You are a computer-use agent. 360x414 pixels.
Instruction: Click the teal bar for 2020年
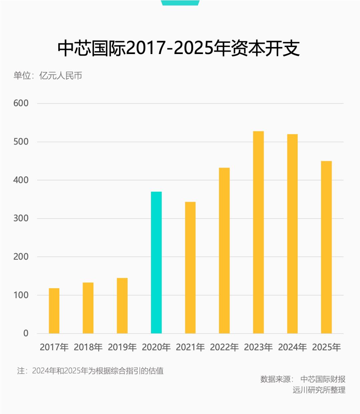tap(156, 263)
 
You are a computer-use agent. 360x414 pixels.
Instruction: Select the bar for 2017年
tap(54, 311)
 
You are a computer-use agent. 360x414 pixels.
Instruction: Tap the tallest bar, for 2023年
tap(258, 232)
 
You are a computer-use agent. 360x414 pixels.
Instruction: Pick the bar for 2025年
tap(326, 247)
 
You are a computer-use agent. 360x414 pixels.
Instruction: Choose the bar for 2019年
tap(122, 306)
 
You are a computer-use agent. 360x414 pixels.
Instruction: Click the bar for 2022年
tap(224, 251)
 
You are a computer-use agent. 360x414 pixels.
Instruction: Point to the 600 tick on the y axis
tap(21, 103)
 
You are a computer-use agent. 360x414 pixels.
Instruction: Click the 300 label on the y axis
tap(21, 218)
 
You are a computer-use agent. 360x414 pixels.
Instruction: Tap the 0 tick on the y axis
tap(26, 333)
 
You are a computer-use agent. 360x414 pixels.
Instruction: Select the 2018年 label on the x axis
tap(88, 347)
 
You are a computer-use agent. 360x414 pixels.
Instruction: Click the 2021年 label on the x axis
tap(190, 347)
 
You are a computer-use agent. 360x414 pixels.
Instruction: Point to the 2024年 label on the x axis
tap(292, 347)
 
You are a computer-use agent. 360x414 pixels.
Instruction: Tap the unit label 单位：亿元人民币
tap(48, 75)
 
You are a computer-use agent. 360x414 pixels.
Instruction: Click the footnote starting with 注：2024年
tap(90, 371)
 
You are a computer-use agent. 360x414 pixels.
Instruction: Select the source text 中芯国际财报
tap(323, 379)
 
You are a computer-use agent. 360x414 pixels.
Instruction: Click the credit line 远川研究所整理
tap(319, 390)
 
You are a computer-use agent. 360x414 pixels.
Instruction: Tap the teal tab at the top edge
tap(180, 3)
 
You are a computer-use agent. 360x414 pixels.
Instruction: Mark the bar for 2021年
tap(190, 268)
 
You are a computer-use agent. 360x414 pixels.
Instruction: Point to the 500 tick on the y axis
tap(21, 142)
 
